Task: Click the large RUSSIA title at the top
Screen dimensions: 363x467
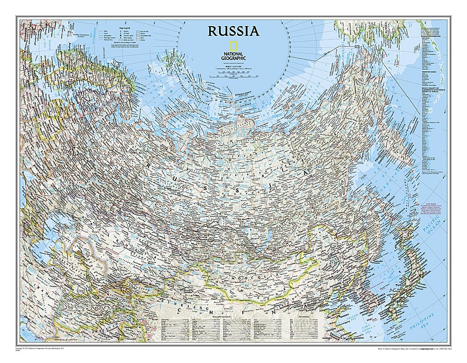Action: (233, 31)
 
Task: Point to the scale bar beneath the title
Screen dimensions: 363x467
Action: (233, 73)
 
